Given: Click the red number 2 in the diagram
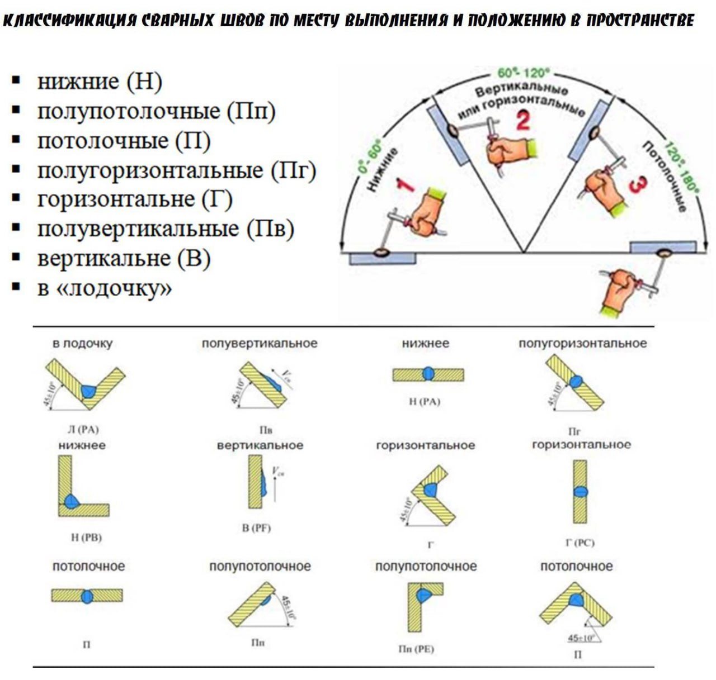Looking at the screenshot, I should click(522, 121).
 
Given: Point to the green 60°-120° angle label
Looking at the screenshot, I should click(524, 73).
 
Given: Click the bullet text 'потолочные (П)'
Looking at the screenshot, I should click(124, 140).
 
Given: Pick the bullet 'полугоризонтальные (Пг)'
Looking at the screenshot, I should click(176, 170).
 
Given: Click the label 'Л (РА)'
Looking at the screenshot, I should click(83, 429).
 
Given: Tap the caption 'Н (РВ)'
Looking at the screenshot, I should click(86, 537).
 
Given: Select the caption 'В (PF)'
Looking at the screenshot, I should click(256, 527).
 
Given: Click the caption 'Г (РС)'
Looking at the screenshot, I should click(580, 542).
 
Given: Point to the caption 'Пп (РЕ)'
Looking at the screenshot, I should click(416, 649).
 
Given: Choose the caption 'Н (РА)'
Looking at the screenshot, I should click(425, 401).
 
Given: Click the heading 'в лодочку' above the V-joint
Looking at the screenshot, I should click(82, 344).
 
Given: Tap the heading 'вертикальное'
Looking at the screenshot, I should click(260, 445).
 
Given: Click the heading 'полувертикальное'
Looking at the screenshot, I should click(260, 343).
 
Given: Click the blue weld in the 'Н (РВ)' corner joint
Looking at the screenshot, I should click(71, 500).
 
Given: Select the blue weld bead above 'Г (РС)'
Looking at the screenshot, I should click(580, 492).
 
